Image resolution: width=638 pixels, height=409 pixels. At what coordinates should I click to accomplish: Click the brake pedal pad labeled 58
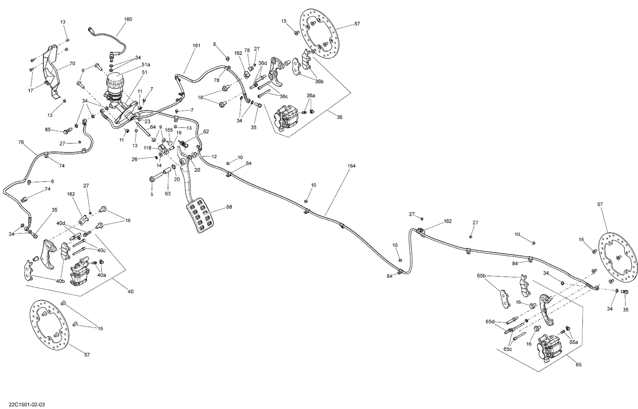pos(199,217)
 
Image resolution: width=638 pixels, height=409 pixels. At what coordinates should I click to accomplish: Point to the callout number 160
pos(128,19)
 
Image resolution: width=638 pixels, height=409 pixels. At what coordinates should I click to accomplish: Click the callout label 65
pos(578,364)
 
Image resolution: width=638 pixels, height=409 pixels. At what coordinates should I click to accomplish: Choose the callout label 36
pos(339,117)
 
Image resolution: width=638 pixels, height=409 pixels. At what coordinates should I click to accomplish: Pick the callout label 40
pos(130,291)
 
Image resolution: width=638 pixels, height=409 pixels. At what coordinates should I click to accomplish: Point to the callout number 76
pos(21,142)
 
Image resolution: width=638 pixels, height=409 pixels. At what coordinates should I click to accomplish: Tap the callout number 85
pos(48,129)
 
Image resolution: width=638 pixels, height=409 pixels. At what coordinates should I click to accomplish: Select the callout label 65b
pos(481,276)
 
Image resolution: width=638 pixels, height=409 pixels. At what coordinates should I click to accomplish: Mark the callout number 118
pos(147,148)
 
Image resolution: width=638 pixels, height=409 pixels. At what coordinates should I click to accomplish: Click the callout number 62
pos(206,131)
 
